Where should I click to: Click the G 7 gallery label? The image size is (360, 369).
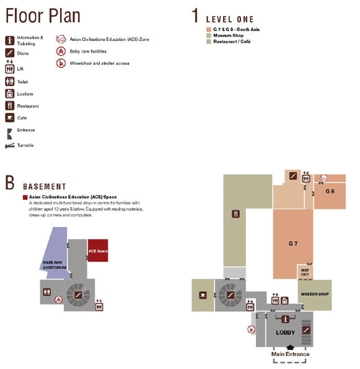[293, 244]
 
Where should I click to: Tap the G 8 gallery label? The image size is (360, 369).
[330, 192]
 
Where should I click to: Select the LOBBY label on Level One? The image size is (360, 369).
[285, 332]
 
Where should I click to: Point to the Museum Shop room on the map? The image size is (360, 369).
[315, 295]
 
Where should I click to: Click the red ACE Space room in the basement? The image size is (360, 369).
[98, 251]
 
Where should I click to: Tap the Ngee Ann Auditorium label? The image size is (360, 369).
[55, 265]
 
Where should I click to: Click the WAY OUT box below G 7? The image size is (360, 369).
[305, 272]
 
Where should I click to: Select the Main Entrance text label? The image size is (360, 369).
[290, 354]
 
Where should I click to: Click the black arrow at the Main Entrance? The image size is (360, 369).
[290, 347]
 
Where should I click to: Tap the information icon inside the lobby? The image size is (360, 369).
[285, 319]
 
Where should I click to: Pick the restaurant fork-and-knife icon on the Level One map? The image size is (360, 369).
[236, 214]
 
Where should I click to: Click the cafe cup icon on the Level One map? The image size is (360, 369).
[203, 295]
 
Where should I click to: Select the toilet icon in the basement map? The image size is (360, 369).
[47, 292]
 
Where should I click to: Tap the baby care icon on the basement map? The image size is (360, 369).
[58, 300]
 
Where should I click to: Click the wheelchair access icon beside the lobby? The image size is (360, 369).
[252, 329]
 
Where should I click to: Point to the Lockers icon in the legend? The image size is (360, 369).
[10, 94]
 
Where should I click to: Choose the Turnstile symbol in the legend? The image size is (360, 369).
[10, 146]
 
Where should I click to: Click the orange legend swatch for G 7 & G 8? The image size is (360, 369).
[209, 29]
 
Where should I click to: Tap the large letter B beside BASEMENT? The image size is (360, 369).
[10, 182]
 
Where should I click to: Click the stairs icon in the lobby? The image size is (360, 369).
[306, 330]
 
